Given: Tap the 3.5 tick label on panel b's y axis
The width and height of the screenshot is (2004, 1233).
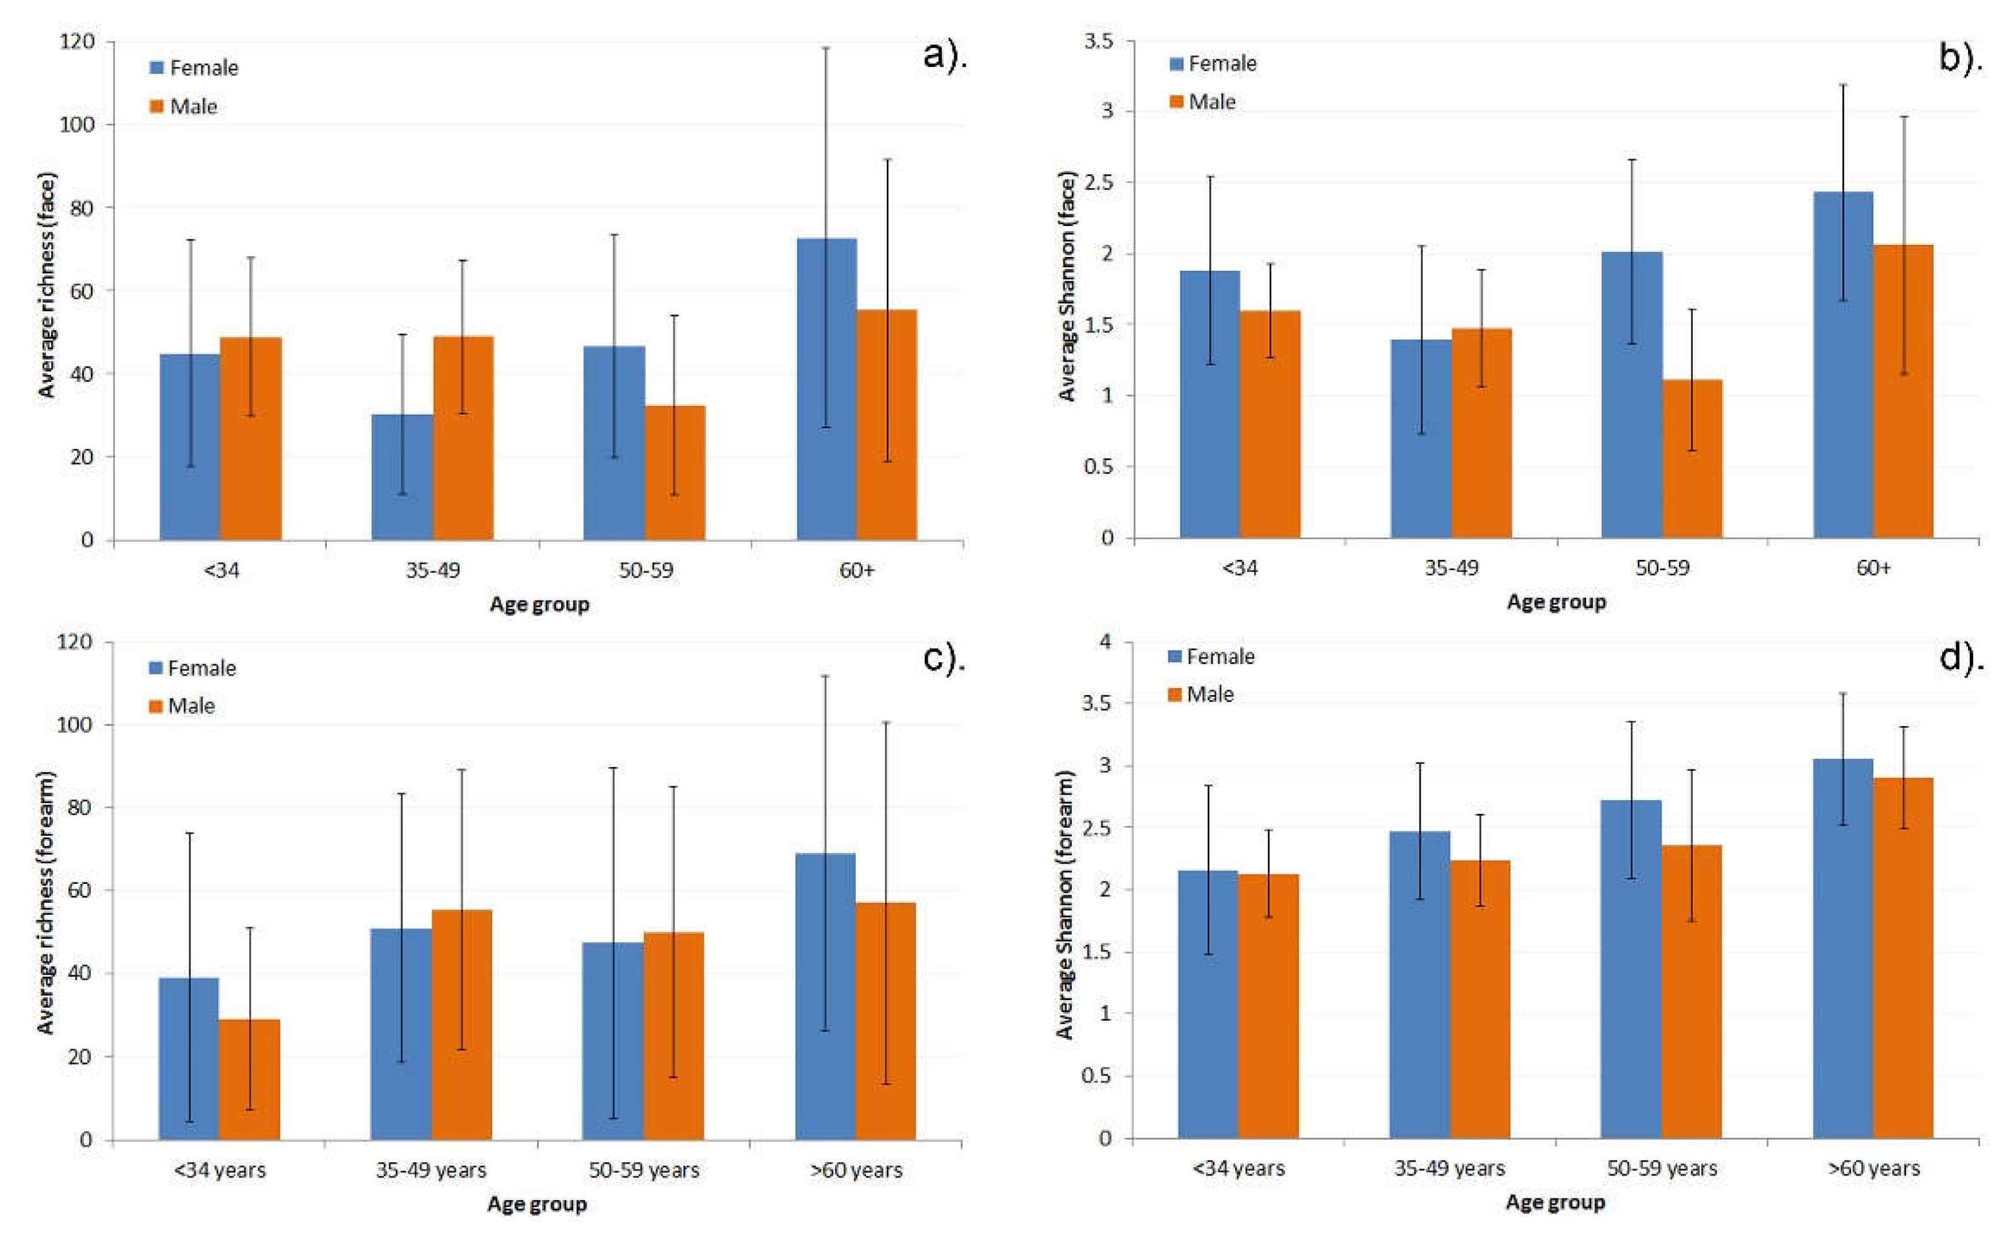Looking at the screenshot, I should pyautogui.click(x=1098, y=41).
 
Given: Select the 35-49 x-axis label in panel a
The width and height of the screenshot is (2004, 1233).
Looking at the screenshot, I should pyautogui.click(x=432, y=570).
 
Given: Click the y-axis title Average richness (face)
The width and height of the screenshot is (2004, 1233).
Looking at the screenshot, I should pyautogui.click(x=47, y=285).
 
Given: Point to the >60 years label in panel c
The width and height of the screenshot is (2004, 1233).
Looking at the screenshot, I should pyautogui.click(x=856, y=1170).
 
